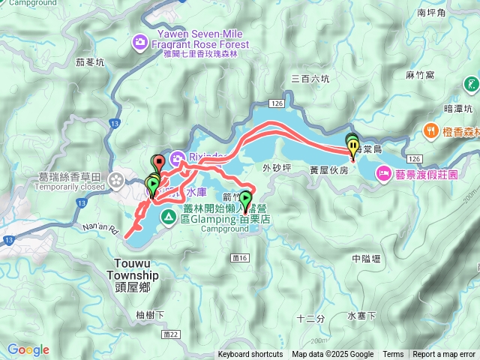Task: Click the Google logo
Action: coord(28,349)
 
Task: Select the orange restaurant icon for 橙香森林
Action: coord(430,129)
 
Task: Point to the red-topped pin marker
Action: coord(157,162)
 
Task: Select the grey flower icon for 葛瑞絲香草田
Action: coord(118,180)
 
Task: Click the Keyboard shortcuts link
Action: coord(250,355)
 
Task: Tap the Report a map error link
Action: coord(445,355)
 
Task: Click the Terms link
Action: coord(393,355)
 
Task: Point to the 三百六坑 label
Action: coord(310,78)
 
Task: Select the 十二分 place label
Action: coord(310,318)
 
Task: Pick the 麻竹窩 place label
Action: coord(420,75)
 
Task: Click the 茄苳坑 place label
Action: coord(91,64)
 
